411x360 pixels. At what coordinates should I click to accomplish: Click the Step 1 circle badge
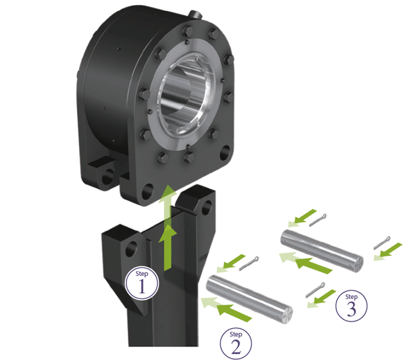coord(142,283)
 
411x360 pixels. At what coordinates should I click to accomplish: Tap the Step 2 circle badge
coord(236,343)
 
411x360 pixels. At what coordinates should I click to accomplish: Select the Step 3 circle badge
coord(351,305)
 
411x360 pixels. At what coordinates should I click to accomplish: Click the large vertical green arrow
coord(168,228)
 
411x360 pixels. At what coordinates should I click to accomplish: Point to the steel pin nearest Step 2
coord(249,299)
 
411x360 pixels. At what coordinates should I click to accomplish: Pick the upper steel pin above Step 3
coord(322,251)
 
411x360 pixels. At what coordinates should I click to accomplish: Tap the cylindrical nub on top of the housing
coord(196,14)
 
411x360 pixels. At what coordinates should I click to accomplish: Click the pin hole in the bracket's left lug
coord(131,249)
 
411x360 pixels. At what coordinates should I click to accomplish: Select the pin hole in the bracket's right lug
coord(207,206)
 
